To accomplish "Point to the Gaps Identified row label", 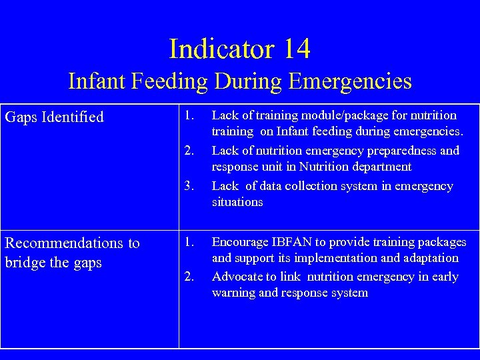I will pos(55,117).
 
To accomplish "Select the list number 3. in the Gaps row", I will pos(190,186).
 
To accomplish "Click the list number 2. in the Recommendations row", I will pos(190,277).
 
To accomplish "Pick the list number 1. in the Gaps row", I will pos(190,116).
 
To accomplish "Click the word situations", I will pos(237,202).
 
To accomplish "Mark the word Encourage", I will pos(239,242).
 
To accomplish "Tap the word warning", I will pos(233,293).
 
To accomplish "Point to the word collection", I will pos(314,186).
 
